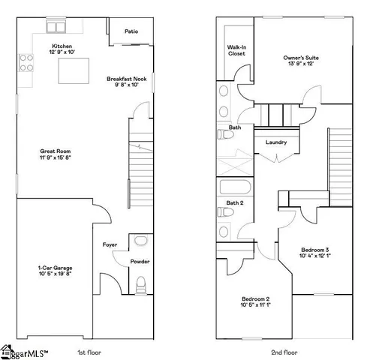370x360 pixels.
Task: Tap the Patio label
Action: click(x=131, y=31)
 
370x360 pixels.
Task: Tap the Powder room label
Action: click(x=140, y=262)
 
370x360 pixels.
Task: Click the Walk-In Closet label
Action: click(x=237, y=49)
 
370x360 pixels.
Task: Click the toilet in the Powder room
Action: click(x=140, y=283)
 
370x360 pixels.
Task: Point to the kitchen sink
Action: click(x=56, y=27)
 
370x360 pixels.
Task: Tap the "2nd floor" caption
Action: click(x=285, y=352)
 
